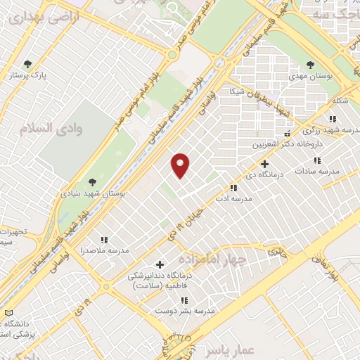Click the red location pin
(181, 165)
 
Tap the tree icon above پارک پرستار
(28, 64)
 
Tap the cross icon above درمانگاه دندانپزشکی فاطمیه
(161, 265)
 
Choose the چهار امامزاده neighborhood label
(210, 259)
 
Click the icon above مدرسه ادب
(233, 188)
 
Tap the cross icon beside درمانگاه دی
(264, 163)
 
